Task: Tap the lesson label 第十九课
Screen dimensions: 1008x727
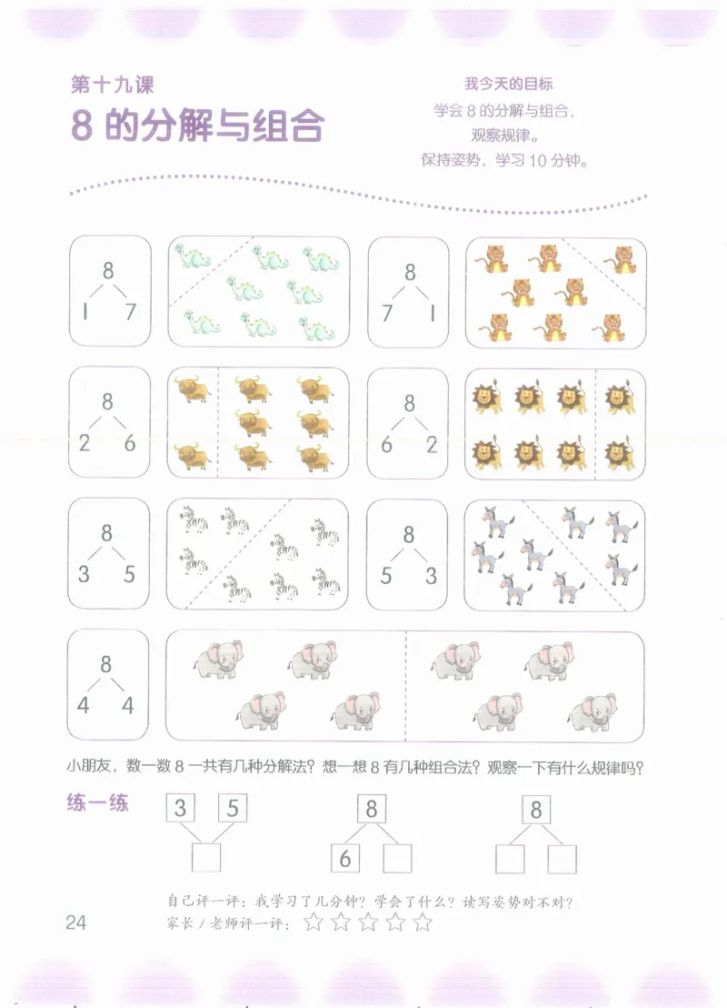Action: pyautogui.click(x=112, y=86)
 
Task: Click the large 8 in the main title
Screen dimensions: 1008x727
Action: pyautogui.click(x=82, y=126)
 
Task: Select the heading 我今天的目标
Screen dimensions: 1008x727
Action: pyautogui.click(x=509, y=84)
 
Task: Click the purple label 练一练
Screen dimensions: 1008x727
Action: pyautogui.click(x=97, y=803)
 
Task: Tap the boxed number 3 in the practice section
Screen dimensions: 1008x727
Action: pyautogui.click(x=181, y=808)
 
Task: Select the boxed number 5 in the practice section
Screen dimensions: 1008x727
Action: pyautogui.click(x=234, y=808)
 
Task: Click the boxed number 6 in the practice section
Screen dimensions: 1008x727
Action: pyautogui.click(x=345, y=858)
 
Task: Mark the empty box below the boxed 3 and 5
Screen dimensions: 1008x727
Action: pyautogui.click(x=206, y=858)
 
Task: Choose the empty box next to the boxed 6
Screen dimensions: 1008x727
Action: pyautogui.click(x=398, y=858)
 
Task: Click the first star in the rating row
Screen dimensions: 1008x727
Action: pyautogui.click(x=314, y=923)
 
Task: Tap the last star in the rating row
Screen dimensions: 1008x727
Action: pyautogui.click(x=423, y=923)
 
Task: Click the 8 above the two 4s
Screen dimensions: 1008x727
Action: pyautogui.click(x=106, y=665)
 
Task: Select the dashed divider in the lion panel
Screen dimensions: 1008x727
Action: pyautogui.click(x=595, y=423)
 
